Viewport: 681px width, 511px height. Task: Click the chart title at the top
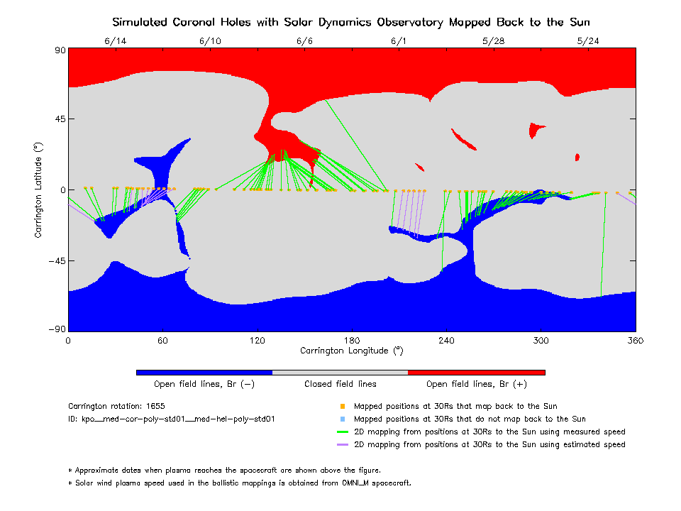[x=351, y=22]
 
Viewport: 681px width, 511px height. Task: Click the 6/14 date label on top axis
[x=116, y=41]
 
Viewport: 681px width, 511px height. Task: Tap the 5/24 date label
[x=588, y=41]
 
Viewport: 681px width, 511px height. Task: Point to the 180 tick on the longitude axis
[x=352, y=341]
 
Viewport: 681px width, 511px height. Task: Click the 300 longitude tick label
[x=541, y=341]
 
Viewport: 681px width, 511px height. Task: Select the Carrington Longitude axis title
[x=351, y=351]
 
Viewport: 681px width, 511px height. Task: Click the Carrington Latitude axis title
[x=39, y=189]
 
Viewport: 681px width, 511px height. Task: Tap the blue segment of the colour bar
[x=204, y=372]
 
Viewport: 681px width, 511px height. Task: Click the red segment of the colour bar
[x=477, y=372]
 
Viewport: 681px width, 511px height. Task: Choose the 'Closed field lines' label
[x=340, y=384]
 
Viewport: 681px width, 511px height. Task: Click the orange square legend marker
[x=341, y=407]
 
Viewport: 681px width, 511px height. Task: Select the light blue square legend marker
[x=341, y=419]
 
